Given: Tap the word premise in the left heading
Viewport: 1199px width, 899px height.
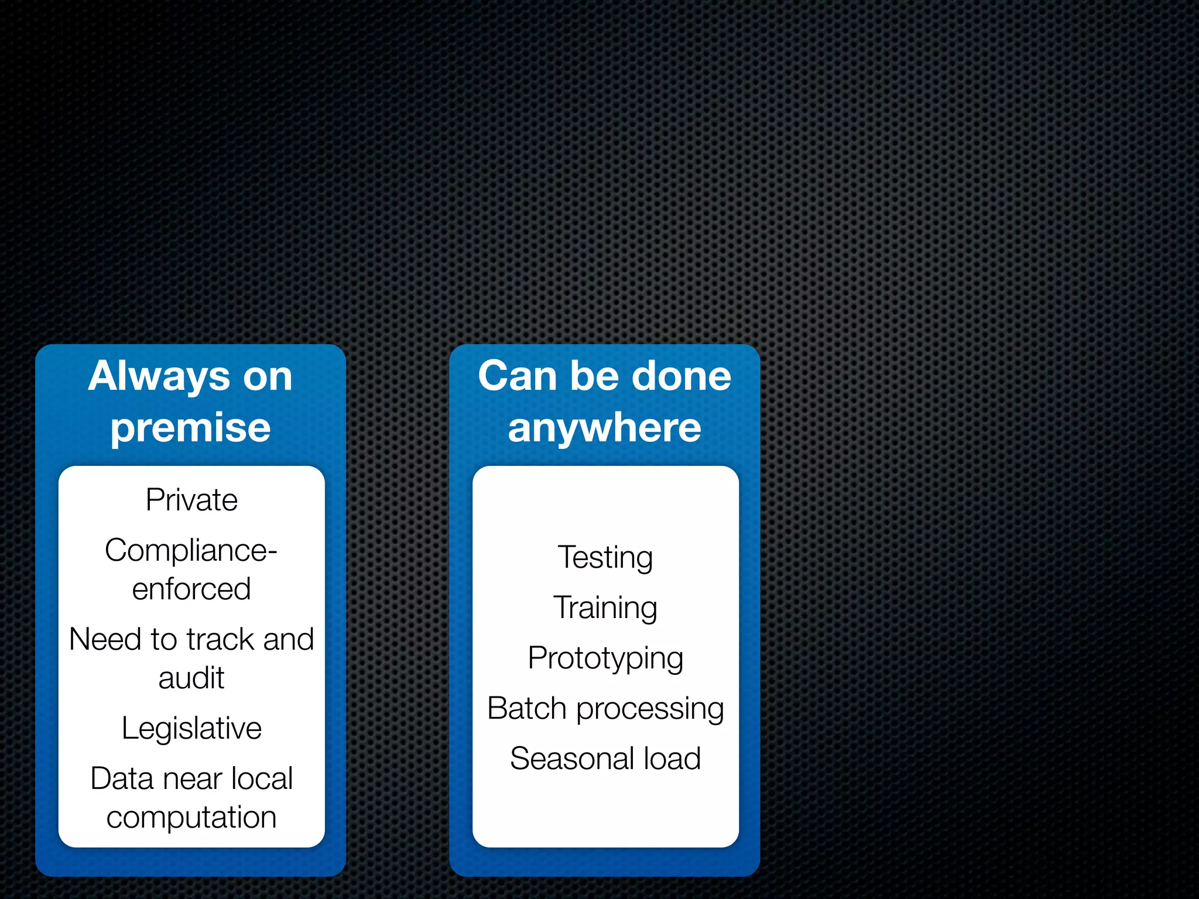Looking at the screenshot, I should (191, 427).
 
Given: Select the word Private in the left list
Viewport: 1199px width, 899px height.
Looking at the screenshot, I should (191, 500).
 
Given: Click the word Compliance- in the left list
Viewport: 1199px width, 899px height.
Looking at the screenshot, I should (191, 551).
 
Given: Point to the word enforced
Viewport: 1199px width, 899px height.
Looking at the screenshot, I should (191, 589).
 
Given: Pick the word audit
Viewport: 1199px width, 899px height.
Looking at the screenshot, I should (191, 678).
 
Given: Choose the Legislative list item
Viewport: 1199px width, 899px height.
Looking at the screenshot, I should (191, 729).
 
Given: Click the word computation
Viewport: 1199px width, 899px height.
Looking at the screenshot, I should (191, 818).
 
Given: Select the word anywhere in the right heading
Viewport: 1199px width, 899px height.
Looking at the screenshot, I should (605, 427).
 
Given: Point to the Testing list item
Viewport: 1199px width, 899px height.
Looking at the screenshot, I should (605, 557).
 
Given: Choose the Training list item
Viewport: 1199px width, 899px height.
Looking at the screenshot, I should (605, 608).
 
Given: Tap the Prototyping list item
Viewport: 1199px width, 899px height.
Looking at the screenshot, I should (605, 658).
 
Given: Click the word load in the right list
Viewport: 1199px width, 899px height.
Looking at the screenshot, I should (672, 759).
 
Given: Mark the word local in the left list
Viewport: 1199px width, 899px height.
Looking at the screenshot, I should (262, 779).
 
